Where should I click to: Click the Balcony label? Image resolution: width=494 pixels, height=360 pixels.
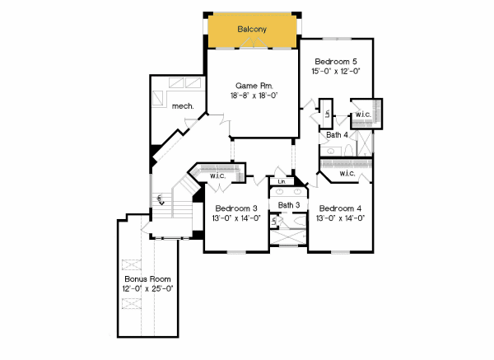coord(252,30)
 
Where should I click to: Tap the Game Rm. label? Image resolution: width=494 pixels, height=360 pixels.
coord(254,86)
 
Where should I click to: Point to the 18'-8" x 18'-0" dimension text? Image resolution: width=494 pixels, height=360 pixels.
coord(254,96)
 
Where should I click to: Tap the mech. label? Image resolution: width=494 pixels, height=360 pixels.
coord(181,105)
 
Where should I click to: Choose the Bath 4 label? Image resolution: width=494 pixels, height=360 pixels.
coord(337,134)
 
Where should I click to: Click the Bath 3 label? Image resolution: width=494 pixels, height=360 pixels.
coord(288,205)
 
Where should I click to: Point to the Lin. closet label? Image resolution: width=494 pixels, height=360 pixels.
coord(282,181)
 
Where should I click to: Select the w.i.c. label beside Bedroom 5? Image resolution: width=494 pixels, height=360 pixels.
coord(363,115)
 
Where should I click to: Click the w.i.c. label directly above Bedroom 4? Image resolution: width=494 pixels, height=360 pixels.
coord(346,173)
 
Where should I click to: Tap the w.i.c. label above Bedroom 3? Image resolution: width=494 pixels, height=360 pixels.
coord(218,175)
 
